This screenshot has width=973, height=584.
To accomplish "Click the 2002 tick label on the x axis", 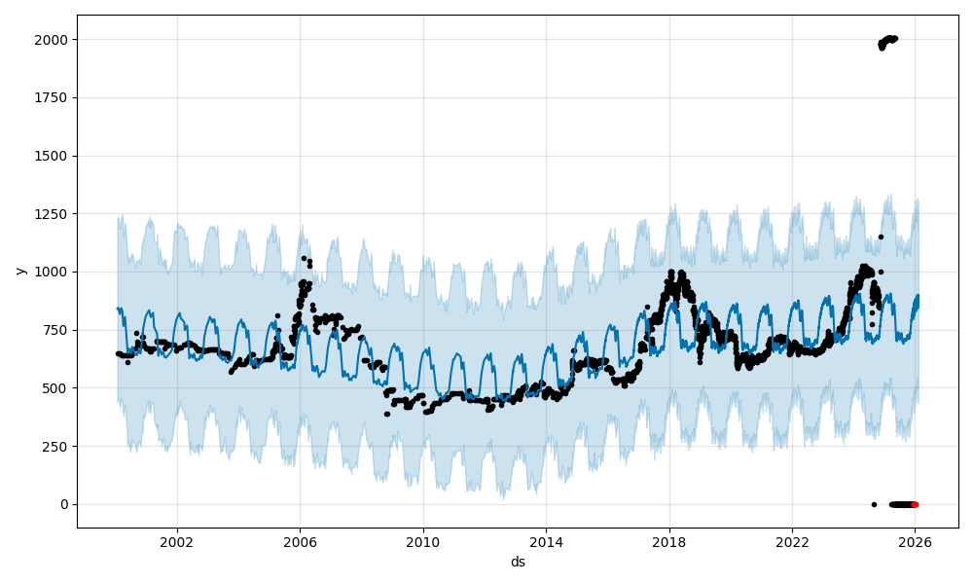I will (176, 542).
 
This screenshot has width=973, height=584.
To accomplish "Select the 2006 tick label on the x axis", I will (300, 542).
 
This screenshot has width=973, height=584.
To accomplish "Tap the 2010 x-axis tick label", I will (422, 542).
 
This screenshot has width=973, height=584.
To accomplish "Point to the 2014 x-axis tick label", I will (546, 542).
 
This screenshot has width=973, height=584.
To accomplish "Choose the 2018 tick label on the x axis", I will (668, 542).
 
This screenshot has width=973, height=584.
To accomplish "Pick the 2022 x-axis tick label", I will (792, 542).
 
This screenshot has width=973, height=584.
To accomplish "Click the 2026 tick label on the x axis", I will (915, 542).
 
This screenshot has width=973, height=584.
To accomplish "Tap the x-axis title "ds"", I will (518, 562).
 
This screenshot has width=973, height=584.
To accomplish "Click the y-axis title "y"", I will (19, 271).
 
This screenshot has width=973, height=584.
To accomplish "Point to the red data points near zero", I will (915, 504).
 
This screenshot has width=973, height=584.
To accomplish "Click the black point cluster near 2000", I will (887, 41).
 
